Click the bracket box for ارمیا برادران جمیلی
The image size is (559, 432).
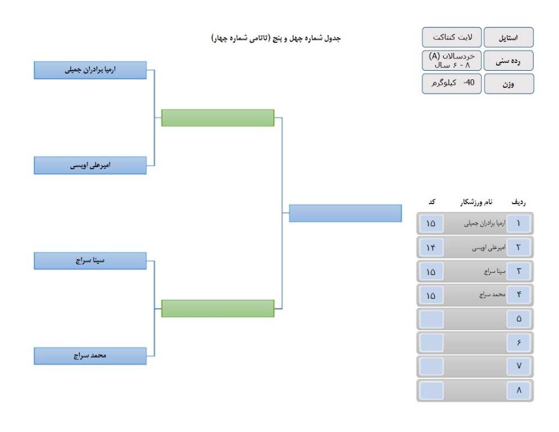pos(90,70)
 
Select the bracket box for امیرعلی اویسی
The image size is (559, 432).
pos(90,165)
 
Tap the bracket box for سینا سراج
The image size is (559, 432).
pos(90,261)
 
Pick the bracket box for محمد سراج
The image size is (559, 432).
pos(90,356)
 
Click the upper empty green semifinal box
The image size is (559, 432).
pos(218,118)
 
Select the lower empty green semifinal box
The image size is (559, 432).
pos(218,308)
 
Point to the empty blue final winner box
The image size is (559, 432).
pos(345,213)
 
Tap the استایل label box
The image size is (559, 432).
pos(508,37)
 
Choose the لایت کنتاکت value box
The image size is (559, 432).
pos(452,37)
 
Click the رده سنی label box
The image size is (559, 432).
pos(508,61)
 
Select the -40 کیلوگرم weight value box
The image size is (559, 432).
pos(452,83)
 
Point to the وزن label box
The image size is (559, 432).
pos(509,84)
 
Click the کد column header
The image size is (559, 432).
pos(432,202)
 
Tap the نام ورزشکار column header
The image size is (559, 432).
pos(476,202)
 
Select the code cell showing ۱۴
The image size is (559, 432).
pos(431,247)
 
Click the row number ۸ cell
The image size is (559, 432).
pos(519,390)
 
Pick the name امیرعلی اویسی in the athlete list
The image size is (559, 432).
pos(489,247)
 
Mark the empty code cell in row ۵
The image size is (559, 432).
pos(431,319)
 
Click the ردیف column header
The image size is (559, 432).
pos(519,202)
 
